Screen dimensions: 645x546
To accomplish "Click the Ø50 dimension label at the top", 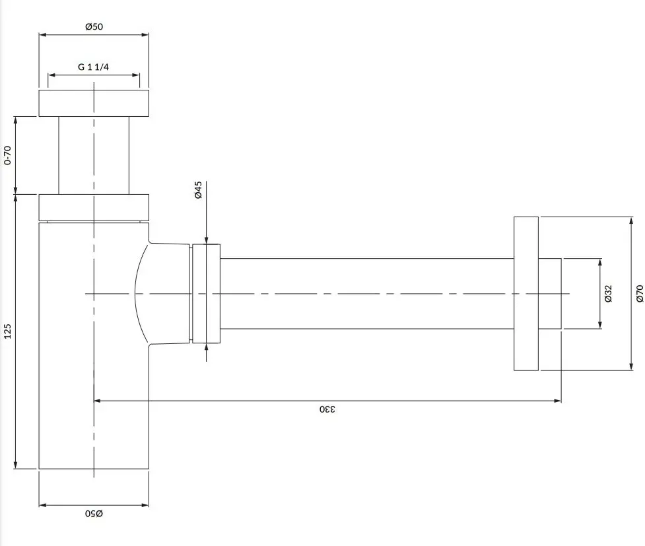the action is [94, 27].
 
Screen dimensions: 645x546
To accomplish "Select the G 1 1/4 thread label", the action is [93, 67].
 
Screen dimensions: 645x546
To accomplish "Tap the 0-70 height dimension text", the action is [7, 155].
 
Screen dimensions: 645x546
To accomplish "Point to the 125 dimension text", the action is [7, 331].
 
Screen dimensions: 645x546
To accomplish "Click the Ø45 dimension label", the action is [198, 189].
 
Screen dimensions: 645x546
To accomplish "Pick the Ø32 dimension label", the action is [609, 293].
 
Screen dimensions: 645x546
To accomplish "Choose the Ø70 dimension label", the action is [640, 293].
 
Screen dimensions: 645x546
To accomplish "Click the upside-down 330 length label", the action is [327, 409].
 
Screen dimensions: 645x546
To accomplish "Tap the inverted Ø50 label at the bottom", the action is [94, 514].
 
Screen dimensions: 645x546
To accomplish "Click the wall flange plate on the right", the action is [526, 293].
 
